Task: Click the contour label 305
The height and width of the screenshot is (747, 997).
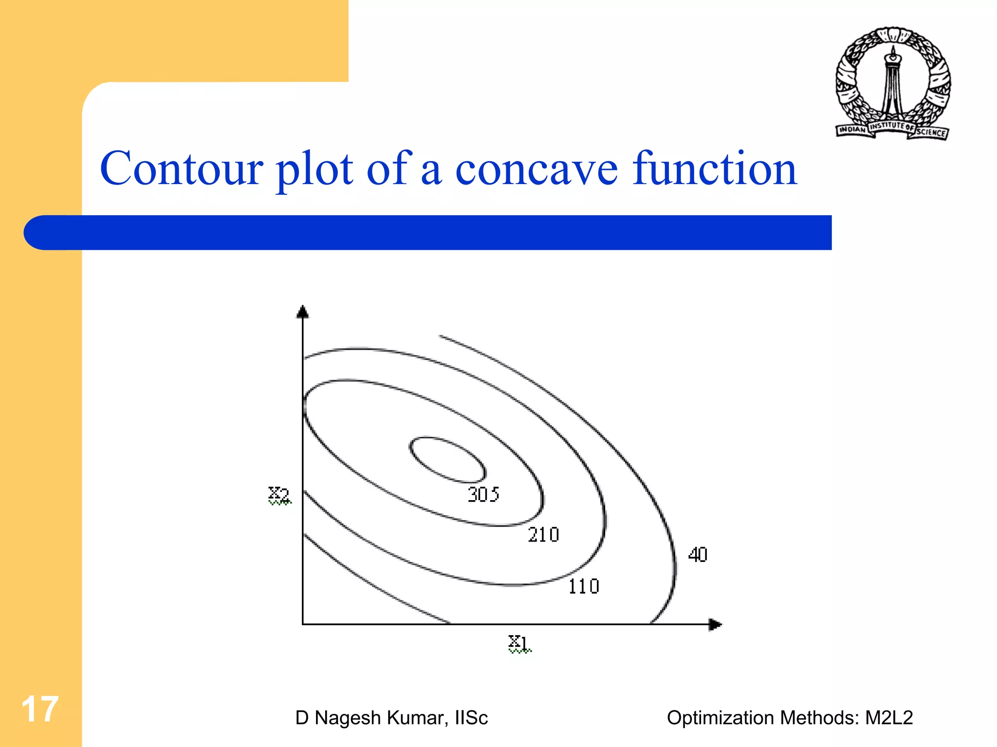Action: [x=483, y=494]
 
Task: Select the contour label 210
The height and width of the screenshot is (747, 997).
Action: [x=543, y=535]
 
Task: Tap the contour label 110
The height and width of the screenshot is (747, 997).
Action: [x=584, y=586]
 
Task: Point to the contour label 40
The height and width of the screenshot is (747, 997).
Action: [x=698, y=555]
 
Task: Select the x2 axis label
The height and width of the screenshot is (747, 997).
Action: [x=279, y=495]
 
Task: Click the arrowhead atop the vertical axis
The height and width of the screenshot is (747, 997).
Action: [x=303, y=312]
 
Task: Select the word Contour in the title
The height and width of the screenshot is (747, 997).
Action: [x=181, y=168]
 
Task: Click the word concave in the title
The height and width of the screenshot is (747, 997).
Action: [x=536, y=168]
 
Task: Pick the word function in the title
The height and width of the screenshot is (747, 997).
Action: [x=714, y=168]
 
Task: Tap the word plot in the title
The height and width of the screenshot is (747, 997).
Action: [x=314, y=170]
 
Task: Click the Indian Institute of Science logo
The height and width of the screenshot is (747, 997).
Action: [x=892, y=83]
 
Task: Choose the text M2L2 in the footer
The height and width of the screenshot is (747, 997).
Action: [x=888, y=718]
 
